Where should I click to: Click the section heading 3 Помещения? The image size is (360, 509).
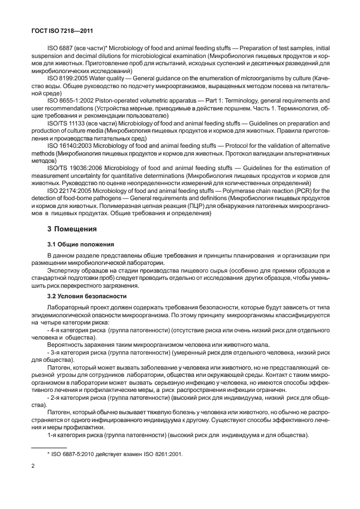(72, 228)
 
